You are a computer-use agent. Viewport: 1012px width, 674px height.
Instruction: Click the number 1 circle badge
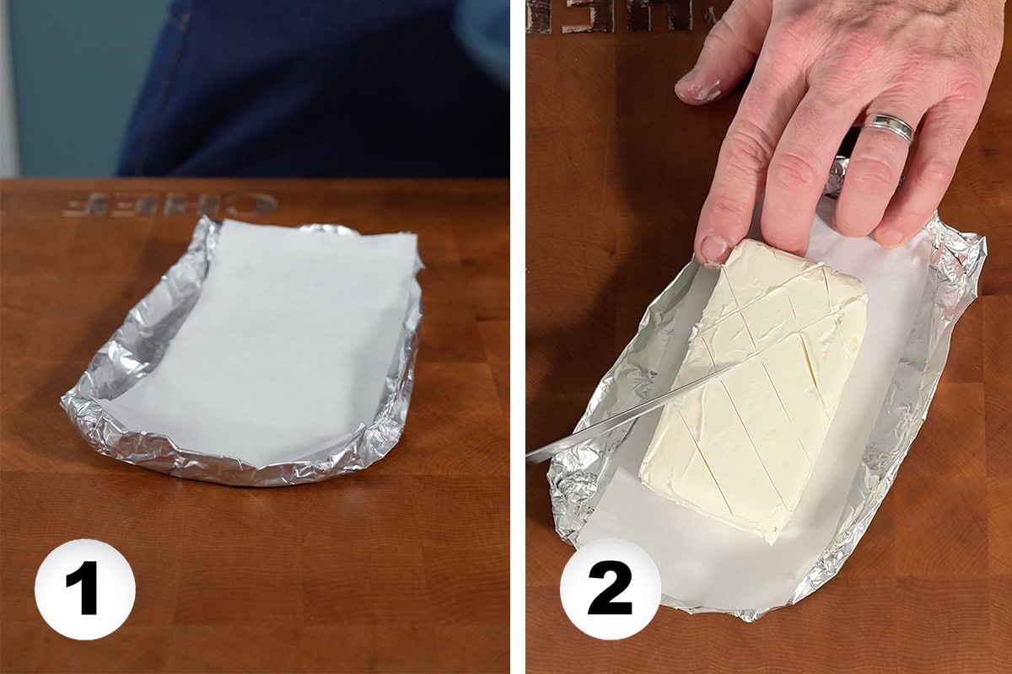[x=84, y=589]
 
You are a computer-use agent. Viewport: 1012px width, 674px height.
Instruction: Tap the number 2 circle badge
[x=610, y=589]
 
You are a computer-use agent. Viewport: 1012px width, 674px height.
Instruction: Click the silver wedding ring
[x=888, y=127]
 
